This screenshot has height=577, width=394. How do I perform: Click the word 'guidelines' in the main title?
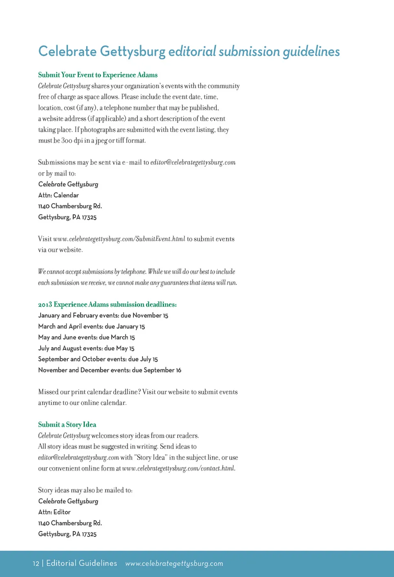click(x=311, y=52)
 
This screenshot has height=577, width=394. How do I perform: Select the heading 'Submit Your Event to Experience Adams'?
click(x=98, y=75)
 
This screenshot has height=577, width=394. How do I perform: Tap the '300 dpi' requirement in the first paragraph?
click(x=72, y=141)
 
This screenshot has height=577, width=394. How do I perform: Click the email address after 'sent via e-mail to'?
click(x=193, y=163)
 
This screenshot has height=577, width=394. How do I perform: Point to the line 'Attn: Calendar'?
click(x=58, y=195)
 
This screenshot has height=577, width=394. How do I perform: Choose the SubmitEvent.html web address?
click(x=119, y=239)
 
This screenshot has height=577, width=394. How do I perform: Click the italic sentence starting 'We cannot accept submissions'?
click(x=137, y=272)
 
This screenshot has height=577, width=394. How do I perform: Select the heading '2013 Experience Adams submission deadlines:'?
click(x=107, y=304)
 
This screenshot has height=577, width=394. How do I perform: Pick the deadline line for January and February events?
click(x=103, y=316)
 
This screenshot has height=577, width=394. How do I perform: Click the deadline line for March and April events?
click(x=92, y=327)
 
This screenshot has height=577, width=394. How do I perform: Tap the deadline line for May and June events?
click(x=86, y=337)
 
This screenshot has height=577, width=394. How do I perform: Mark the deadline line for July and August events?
click(x=86, y=348)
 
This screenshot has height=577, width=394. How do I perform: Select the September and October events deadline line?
click(x=98, y=359)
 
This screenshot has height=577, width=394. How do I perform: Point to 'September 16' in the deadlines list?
click(x=162, y=370)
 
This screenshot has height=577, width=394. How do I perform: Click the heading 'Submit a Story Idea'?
click(x=67, y=425)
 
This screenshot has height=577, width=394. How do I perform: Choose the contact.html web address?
click(x=179, y=468)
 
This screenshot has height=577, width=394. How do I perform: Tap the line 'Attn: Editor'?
click(x=54, y=512)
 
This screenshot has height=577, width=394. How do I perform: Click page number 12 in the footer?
click(x=36, y=563)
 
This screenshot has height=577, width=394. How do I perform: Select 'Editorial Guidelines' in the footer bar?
click(x=82, y=563)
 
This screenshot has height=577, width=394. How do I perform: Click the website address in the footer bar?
click(x=174, y=563)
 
